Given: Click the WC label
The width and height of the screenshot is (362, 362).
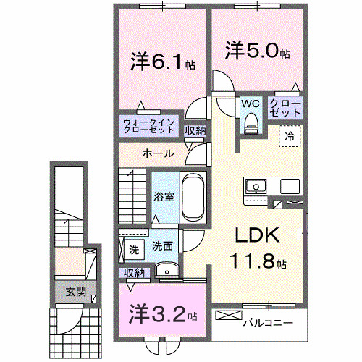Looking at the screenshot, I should click(251, 104).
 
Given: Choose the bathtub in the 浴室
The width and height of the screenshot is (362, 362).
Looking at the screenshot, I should click(193, 196).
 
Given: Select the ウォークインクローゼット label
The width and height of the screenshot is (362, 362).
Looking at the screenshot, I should click(148, 126).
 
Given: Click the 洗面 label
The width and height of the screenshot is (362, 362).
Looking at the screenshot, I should click(162, 246).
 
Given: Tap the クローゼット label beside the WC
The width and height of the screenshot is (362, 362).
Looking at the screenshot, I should click(285, 109).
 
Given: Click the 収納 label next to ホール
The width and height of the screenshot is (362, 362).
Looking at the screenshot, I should click(195, 131).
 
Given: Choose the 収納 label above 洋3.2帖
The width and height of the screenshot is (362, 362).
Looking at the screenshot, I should click(135, 272).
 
